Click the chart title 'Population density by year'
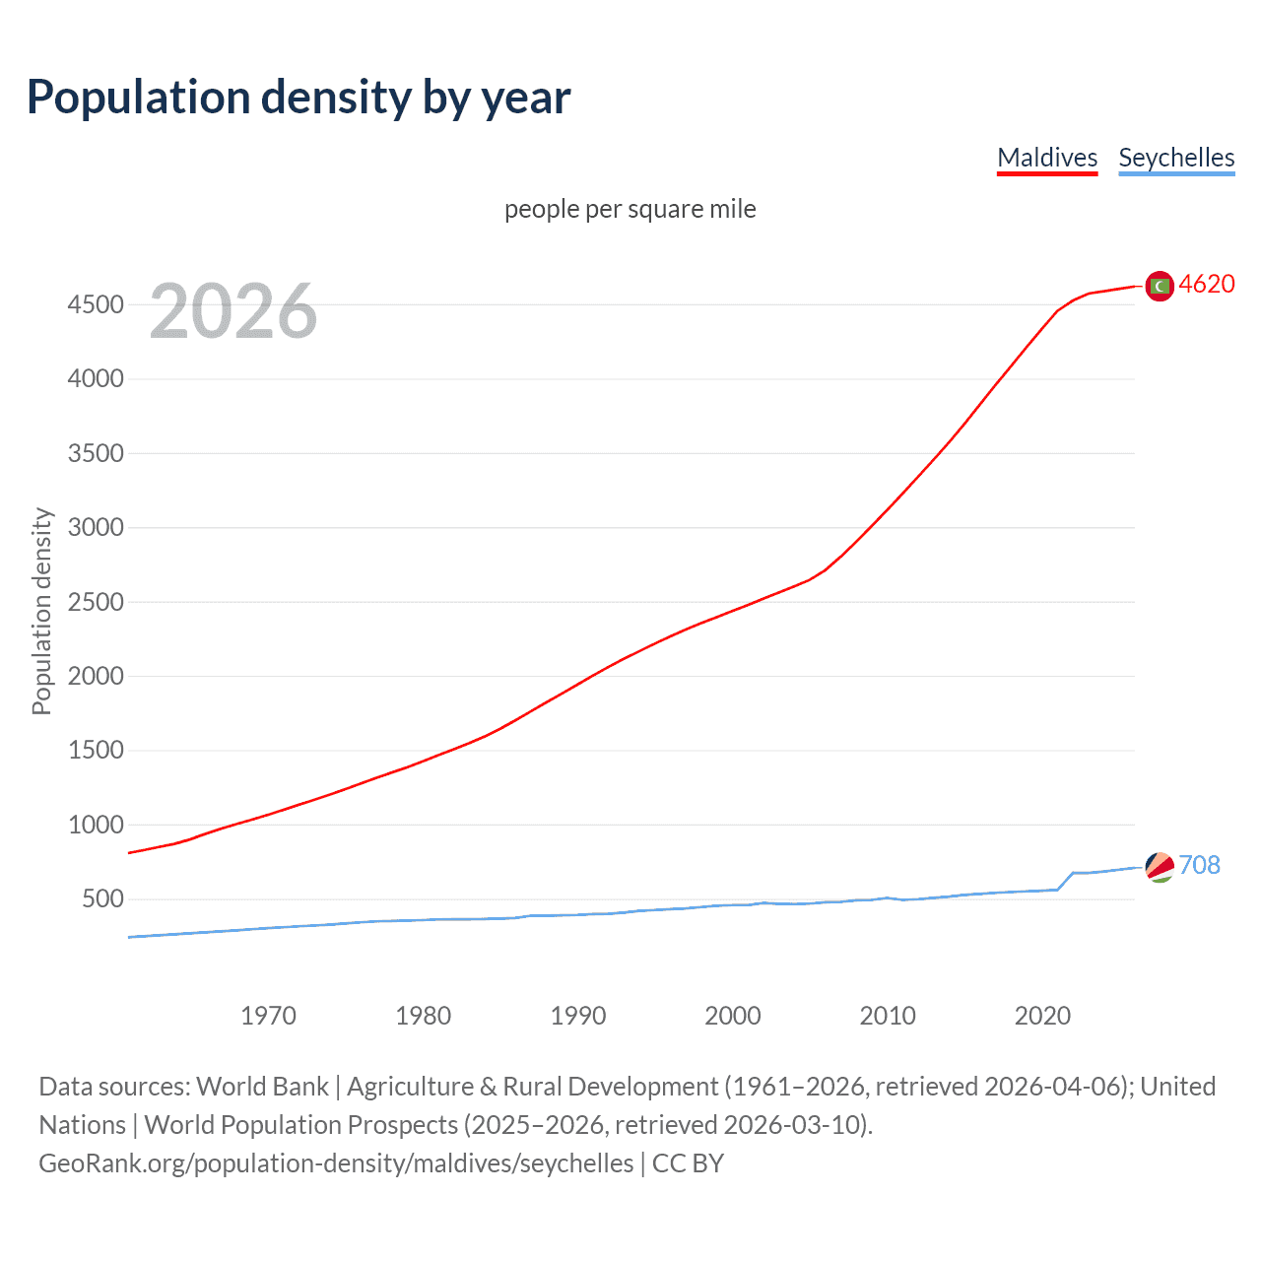pyautogui.click(x=299, y=98)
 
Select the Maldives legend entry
pyautogui.click(x=1047, y=158)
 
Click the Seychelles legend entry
pyautogui.click(x=1176, y=158)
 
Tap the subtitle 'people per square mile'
pyautogui.click(x=630, y=209)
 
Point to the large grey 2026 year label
pyautogui.click(x=233, y=311)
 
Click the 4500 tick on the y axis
pyautogui.click(x=96, y=304)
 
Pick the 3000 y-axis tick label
pyautogui.click(x=96, y=527)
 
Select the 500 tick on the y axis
pyautogui.click(x=102, y=898)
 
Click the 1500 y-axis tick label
pyautogui.click(x=96, y=750)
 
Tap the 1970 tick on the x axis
pyautogui.click(x=268, y=1016)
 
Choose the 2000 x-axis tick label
pyautogui.click(x=733, y=1016)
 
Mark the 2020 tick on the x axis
pyautogui.click(x=1042, y=1016)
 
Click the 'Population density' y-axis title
pyautogui.click(x=41, y=611)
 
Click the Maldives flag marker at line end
pyautogui.click(x=1160, y=286)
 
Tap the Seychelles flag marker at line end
pyautogui.click(x=1160, y=867)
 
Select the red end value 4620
pyautogui.click(x=1207, y=284)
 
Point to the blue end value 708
pyautogui.click(x=1199, y=865)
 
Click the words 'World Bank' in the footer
pyautogui.click(x=262, y=1087)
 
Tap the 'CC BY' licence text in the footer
pyautogui.click(x=688, y=1163)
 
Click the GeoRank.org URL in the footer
pyautogui.click(x=336, y=1163)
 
